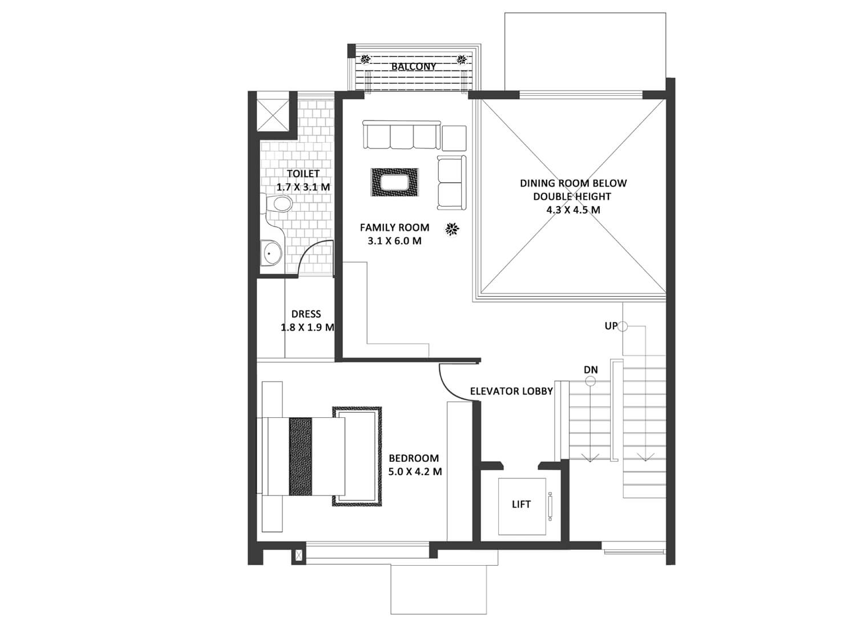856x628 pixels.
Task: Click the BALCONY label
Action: [x=414, y=66]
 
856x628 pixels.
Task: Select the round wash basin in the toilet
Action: [x=272, y=253]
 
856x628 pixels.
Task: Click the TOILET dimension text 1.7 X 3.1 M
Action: [x=303, y=187]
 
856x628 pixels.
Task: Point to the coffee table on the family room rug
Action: [x=395, y=182]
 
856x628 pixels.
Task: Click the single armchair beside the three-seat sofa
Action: [x=454, y=138]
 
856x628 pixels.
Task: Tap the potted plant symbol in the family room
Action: [x=453, y=229]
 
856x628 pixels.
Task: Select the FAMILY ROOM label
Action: [x=394, y=227]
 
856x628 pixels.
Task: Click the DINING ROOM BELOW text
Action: [x=573, y=183]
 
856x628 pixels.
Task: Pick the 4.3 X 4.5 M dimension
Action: [x=573, y=210]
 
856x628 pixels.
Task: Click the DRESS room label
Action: [x=306, y=314]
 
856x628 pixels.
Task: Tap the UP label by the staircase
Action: [x=611, y=326]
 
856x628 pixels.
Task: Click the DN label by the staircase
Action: [x=591, y=370]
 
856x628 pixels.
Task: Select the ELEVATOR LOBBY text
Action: [x=511, y=391]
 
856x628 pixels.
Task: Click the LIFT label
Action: [x=521, y=505]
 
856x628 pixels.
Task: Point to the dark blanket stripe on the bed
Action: [x=300, y=457]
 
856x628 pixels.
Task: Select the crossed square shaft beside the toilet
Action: [x=272, y=115]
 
